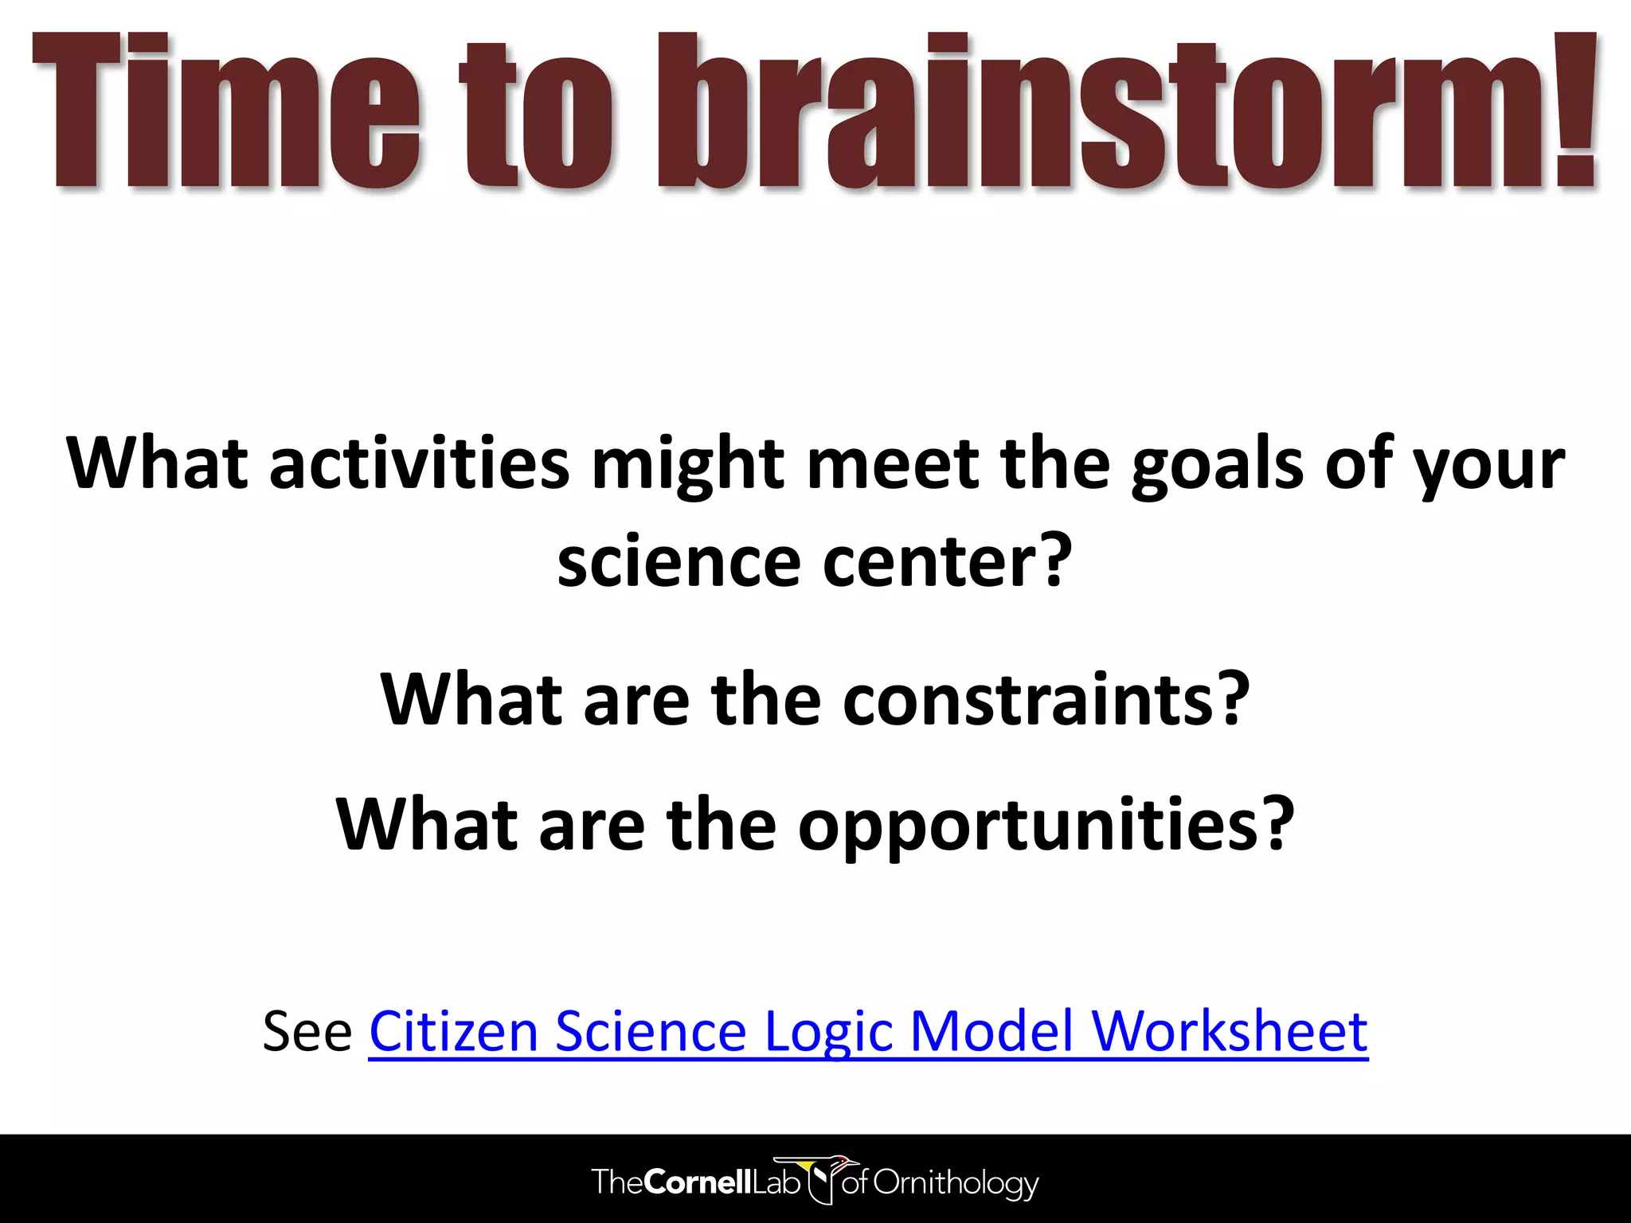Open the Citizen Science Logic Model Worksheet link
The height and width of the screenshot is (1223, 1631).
tap(868, 1031)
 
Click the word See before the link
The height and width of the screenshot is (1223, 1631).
tap(307, 1031)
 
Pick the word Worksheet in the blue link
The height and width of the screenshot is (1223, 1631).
tap(1230, 1031)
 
